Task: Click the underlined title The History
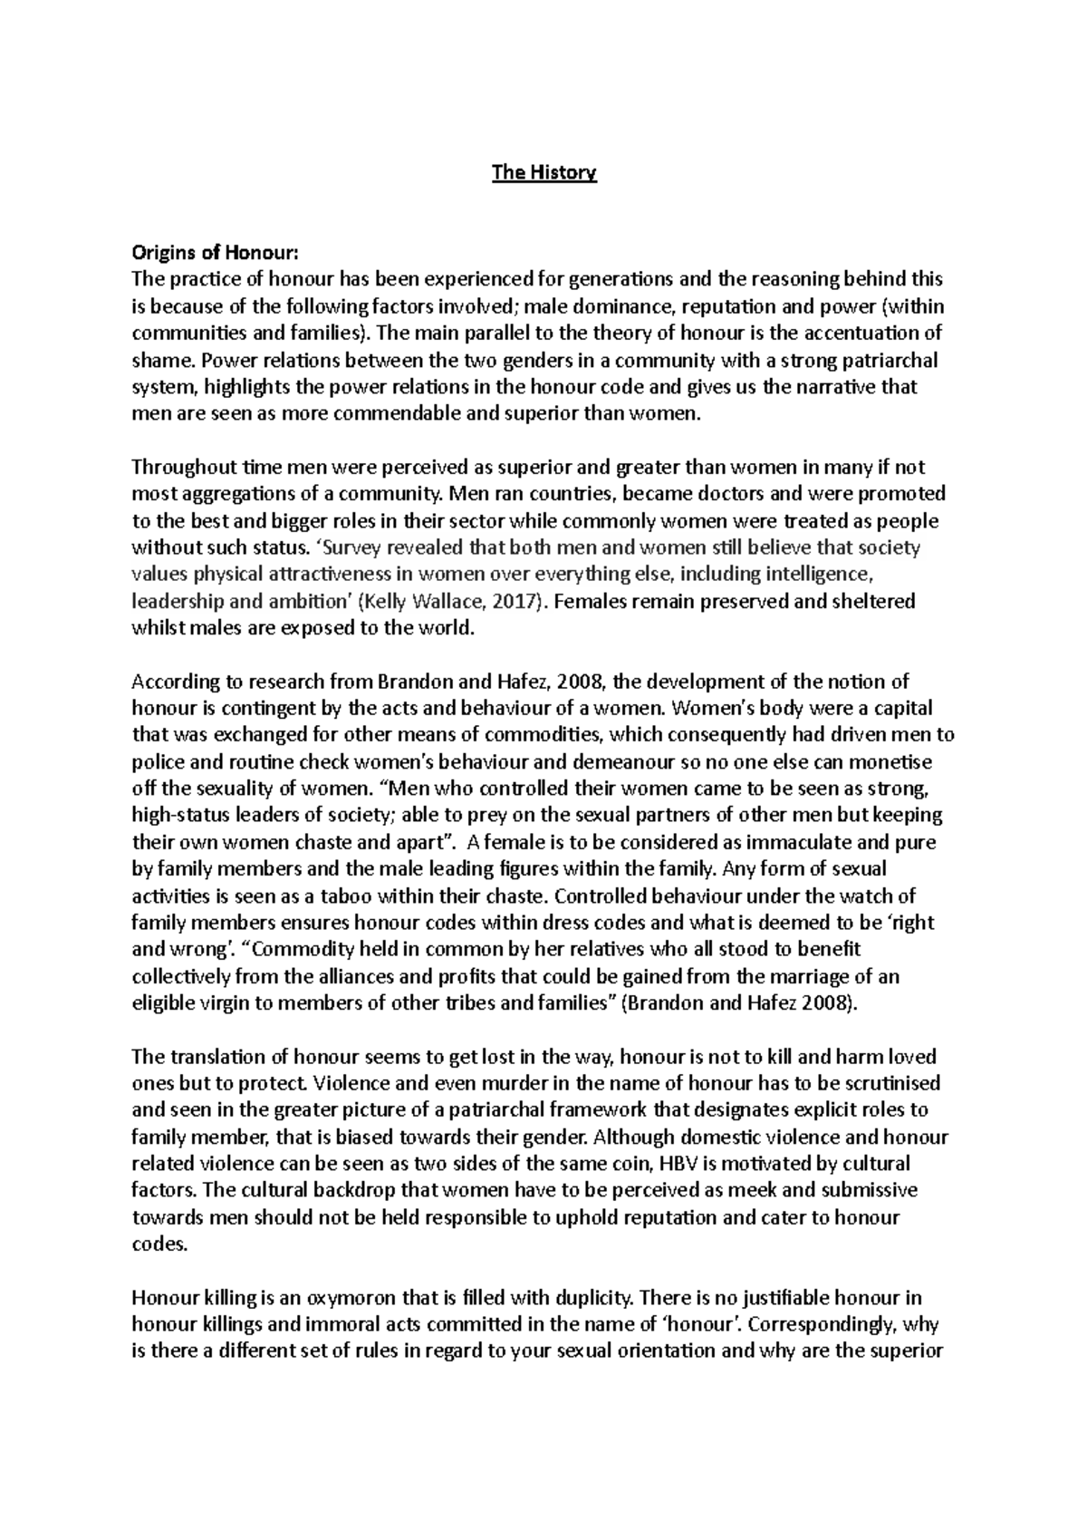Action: click(x=543, y=172)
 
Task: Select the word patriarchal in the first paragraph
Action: click(x=888, y=360)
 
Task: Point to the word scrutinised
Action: click(x=880, y=1083)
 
